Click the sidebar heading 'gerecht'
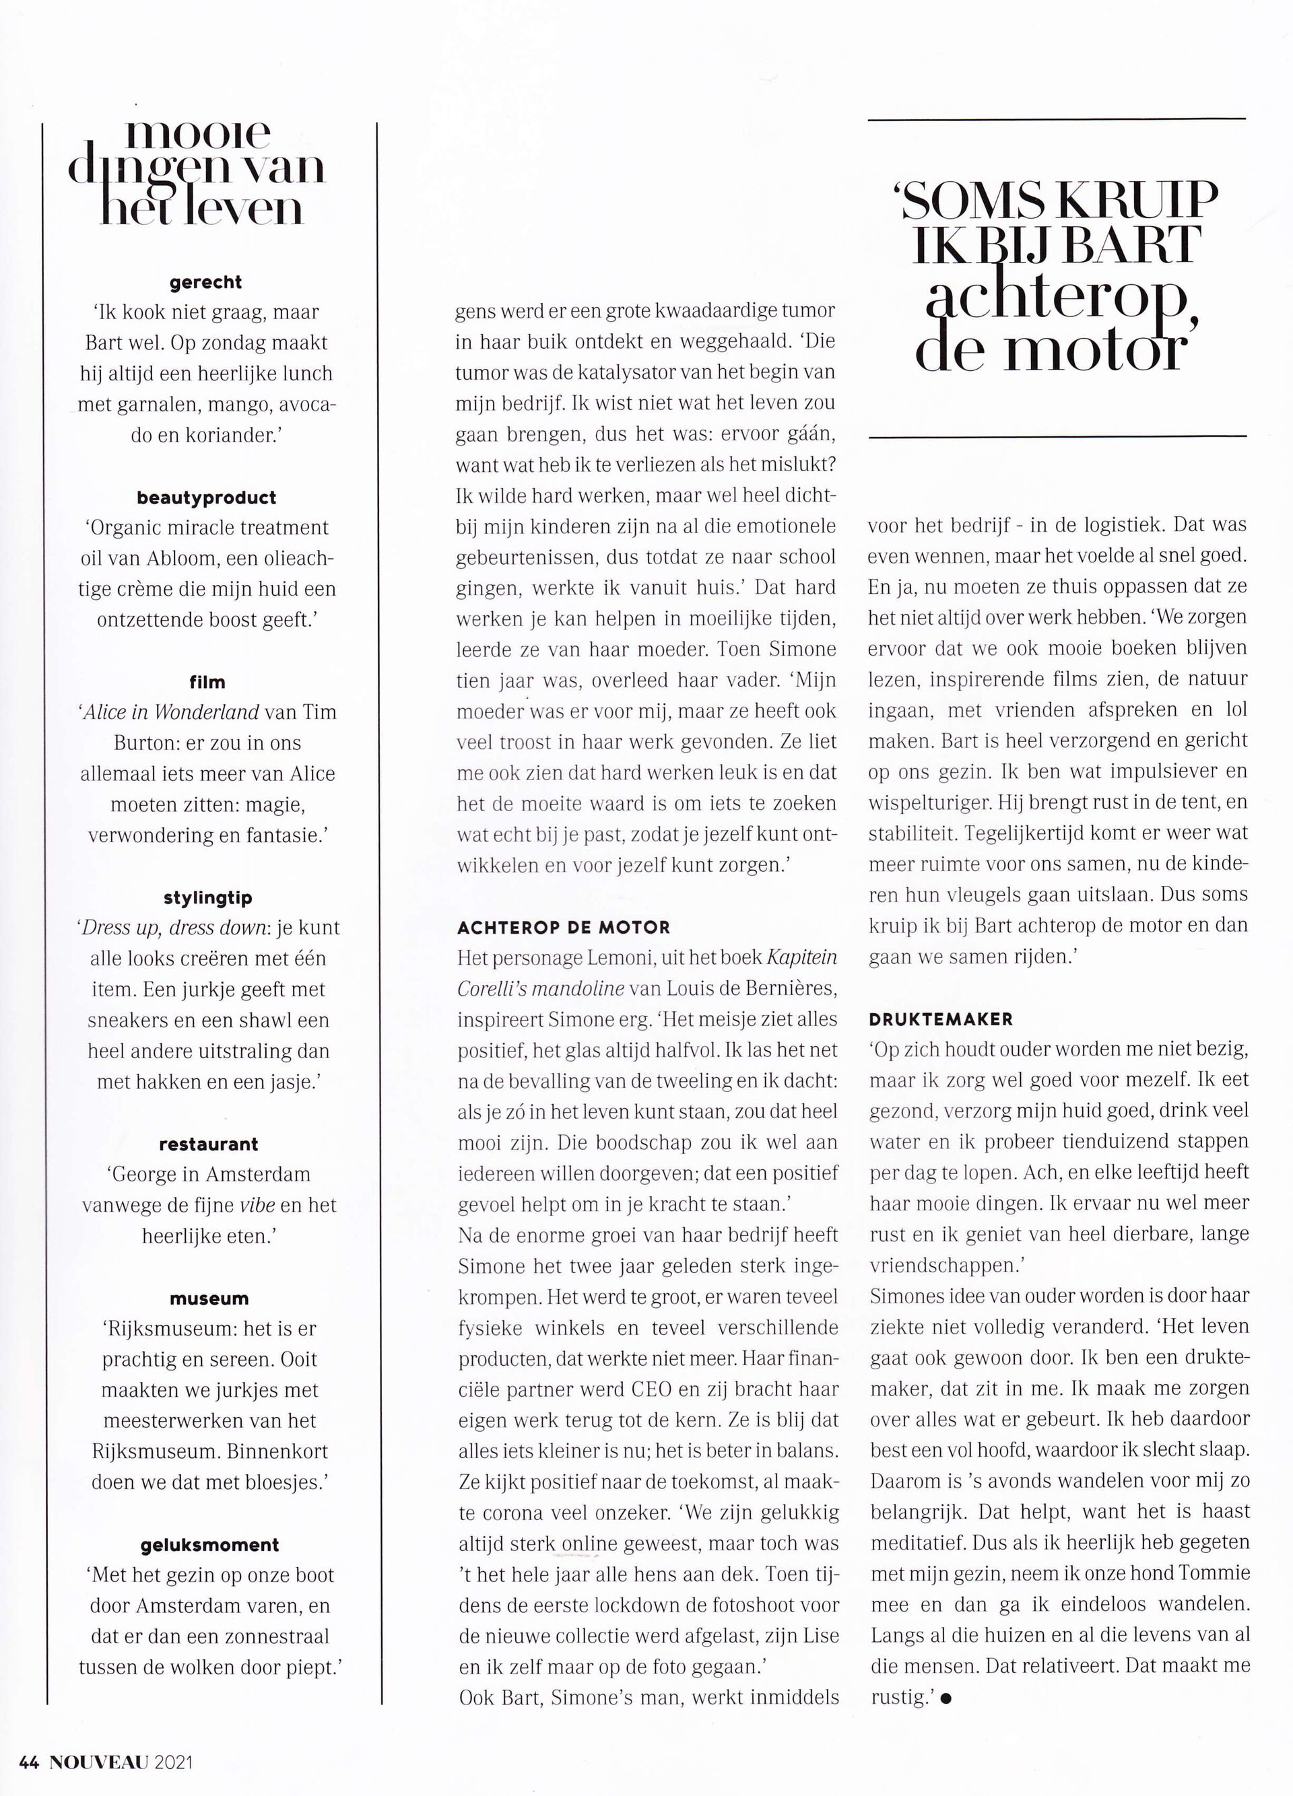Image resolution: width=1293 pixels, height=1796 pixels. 206,282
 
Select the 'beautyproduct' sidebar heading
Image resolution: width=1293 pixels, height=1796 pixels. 206,497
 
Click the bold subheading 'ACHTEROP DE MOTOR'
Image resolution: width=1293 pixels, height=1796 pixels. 563,928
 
